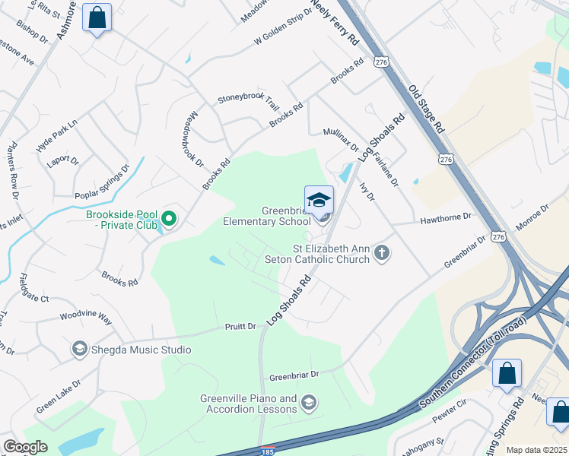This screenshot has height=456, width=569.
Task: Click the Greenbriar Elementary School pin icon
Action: [x=319, y=201]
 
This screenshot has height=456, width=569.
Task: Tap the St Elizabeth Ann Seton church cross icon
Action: [x=382, y=253]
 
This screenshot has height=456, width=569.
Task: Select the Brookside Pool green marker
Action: [x=170, y=220]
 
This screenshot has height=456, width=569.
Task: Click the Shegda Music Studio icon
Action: [x=78, y=350]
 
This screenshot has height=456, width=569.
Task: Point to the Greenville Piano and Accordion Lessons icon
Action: [x=308, y=401]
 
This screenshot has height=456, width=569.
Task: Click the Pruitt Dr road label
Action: [x=240, y=326]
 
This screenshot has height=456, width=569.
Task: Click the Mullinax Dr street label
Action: [x=340, y=138]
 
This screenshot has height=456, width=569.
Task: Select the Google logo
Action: [x=25, y=447]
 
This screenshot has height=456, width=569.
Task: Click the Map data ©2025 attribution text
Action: [x=536, y=450]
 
